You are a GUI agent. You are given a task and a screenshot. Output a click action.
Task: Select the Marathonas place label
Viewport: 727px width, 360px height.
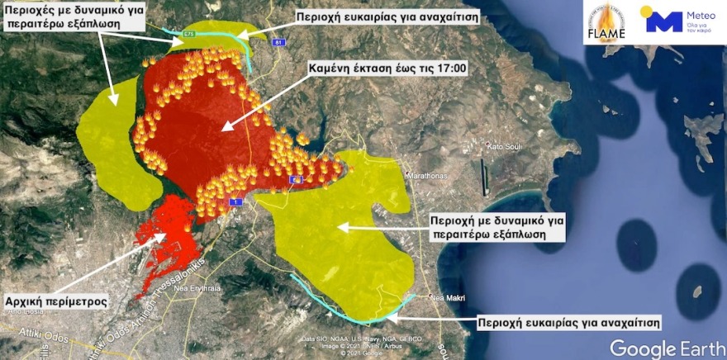(x=426, y=176)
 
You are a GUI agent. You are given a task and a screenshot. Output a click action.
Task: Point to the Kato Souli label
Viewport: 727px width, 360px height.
(x=506, y=147)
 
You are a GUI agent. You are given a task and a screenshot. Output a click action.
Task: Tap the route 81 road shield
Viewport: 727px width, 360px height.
(x=278, y=42)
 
